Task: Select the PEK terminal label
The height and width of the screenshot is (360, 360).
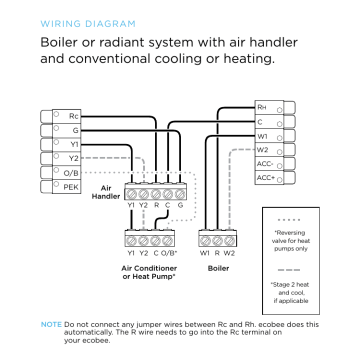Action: pyautogui.click(x=71, y=186)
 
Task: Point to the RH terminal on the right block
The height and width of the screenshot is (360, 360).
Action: pyautogui.click(x=261, y=106)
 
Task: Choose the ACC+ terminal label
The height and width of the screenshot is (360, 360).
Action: pyautogui.click(x=265, y=177)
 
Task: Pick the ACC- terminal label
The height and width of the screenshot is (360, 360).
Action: pyautogui.click(x=265, y=162)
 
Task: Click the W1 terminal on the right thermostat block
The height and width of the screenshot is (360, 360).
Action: pyautogui.click(x=262, y=134)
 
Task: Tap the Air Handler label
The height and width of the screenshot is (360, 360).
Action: pyautogui.click(x=108, y=192)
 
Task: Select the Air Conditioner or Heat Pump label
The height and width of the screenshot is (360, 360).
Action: pyautogui.click(x=154, y=273)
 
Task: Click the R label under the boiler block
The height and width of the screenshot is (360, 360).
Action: pyautogui.click(x=216, y=255)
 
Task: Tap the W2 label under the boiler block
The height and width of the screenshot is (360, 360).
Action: pyautogui.click(x=229, y=255)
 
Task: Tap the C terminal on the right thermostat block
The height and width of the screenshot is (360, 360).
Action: pyautogui.click(x=261, y=120)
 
